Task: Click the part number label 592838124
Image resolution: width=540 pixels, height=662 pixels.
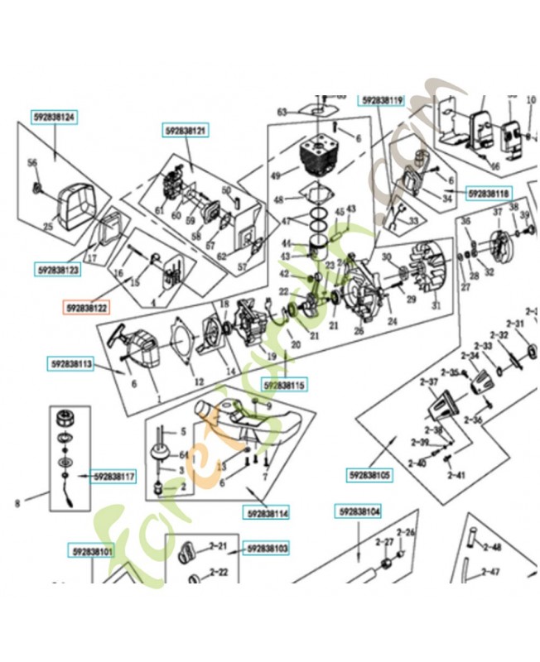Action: pos(55,118)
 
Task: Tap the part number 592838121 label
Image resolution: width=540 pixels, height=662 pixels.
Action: pos(186,131)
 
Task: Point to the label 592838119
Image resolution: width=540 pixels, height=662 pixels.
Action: pos(381,100)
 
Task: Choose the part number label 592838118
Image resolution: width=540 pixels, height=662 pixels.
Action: pos(489,193)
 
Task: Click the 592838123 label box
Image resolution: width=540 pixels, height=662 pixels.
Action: pos(58,270)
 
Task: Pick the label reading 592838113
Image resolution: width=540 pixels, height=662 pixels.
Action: pos(71,362)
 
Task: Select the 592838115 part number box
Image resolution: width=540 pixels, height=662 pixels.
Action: pos(285,384)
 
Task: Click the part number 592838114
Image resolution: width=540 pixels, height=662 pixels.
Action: pos(267,513)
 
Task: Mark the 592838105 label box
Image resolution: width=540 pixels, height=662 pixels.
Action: pos(369,476)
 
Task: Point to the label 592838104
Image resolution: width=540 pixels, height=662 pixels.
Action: pos(359,512)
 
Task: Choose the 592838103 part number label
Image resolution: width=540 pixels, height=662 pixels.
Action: pos(267,548)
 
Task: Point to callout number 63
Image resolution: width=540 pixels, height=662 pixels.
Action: pos(282,112)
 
